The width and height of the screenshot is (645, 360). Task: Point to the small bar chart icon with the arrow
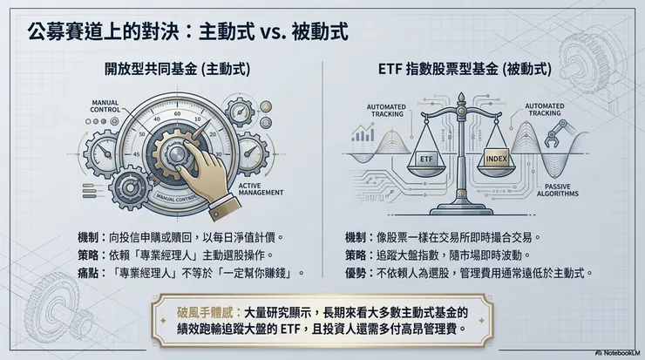click(x=360, y=133)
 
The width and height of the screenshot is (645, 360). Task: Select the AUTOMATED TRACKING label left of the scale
click(x=381, y=108)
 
